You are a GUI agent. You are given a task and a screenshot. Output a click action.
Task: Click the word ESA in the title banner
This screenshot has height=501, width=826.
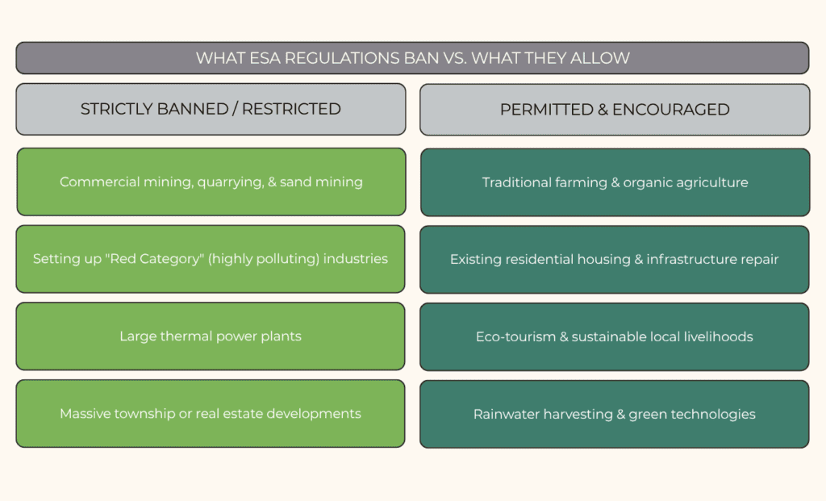pos(265,58)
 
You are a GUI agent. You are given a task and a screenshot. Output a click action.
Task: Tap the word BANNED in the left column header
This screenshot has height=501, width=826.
pos(192,109)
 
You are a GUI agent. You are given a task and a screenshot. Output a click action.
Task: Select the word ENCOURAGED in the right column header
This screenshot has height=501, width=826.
pos(670,110)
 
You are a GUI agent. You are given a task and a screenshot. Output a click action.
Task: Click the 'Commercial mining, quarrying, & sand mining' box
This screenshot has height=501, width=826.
pos(211,182)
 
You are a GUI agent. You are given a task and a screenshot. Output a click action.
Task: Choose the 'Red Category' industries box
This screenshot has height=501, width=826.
pos(211,259)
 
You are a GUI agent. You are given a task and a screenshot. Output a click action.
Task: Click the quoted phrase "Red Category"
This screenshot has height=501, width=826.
pos(156,259)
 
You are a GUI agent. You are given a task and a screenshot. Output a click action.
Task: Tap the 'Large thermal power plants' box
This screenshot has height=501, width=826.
pos(211,336)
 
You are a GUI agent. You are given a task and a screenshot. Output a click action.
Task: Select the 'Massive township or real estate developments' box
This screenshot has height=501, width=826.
pos(211,414)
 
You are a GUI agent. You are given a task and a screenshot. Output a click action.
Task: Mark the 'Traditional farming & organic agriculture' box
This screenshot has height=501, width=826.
pos(615,182)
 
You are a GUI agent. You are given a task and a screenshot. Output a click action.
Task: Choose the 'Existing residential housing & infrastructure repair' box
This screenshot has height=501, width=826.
pos(615,260)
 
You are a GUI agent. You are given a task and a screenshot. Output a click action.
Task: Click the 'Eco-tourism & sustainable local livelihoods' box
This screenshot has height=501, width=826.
pos(615,336)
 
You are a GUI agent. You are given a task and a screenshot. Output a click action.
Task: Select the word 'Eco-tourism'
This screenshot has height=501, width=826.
pos(515,336)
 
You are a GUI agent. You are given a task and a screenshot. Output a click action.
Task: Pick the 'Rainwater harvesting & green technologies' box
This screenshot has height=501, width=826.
pos(615,414)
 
